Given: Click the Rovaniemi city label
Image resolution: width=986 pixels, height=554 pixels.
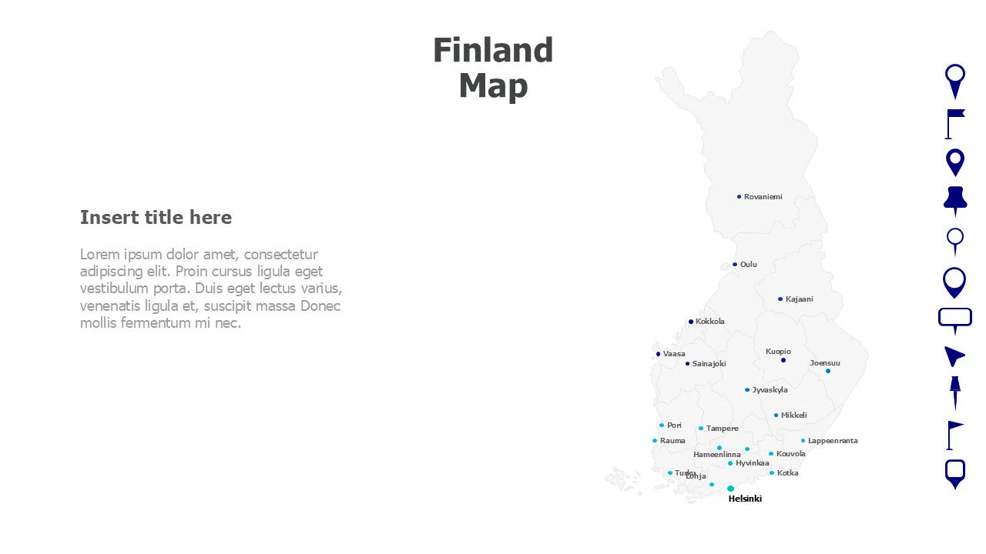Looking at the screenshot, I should coord(763,197).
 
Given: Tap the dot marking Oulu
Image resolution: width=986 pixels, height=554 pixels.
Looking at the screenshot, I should coord(735,265).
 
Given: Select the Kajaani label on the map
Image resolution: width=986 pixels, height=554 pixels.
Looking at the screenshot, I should coord(799,299).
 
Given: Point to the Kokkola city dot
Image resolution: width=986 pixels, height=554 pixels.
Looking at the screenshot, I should coord(691,322).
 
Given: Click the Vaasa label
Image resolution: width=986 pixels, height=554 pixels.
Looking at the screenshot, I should coord(674,354).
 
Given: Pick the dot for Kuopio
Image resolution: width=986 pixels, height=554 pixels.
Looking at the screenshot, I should coord(783,360).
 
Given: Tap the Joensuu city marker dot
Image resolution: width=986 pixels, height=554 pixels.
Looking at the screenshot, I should coord(828,371).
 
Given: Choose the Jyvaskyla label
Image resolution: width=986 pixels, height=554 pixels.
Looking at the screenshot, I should coord(770,390).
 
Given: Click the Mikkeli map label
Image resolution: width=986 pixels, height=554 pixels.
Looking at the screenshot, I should coord(793,415).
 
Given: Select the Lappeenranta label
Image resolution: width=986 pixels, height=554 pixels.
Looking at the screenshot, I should coord(832,441).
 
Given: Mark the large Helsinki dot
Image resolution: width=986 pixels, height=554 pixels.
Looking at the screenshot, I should coord(730,489).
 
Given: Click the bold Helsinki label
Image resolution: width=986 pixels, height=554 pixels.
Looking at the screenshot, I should coord(745,499).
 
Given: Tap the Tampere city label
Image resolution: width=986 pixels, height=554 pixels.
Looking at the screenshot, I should coord(722,429).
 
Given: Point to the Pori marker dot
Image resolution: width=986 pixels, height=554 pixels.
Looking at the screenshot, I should coord(662,426).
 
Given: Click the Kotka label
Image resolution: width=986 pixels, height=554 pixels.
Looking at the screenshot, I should coord(787,473).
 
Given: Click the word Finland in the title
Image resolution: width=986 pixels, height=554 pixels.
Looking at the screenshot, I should coord(493,51).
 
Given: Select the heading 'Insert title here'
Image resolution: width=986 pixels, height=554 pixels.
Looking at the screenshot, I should coord(156,218).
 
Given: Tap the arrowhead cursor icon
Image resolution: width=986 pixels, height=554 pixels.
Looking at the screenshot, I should coord(954,356).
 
